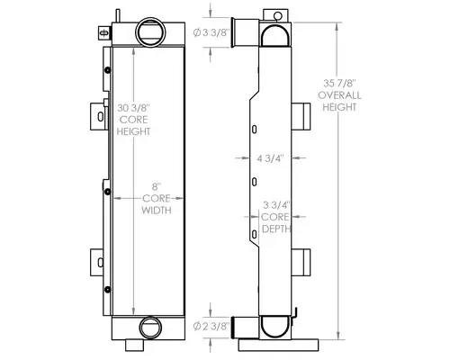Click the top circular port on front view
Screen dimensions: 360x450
click(149, 33)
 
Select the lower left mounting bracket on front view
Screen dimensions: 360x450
click(95, 262)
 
